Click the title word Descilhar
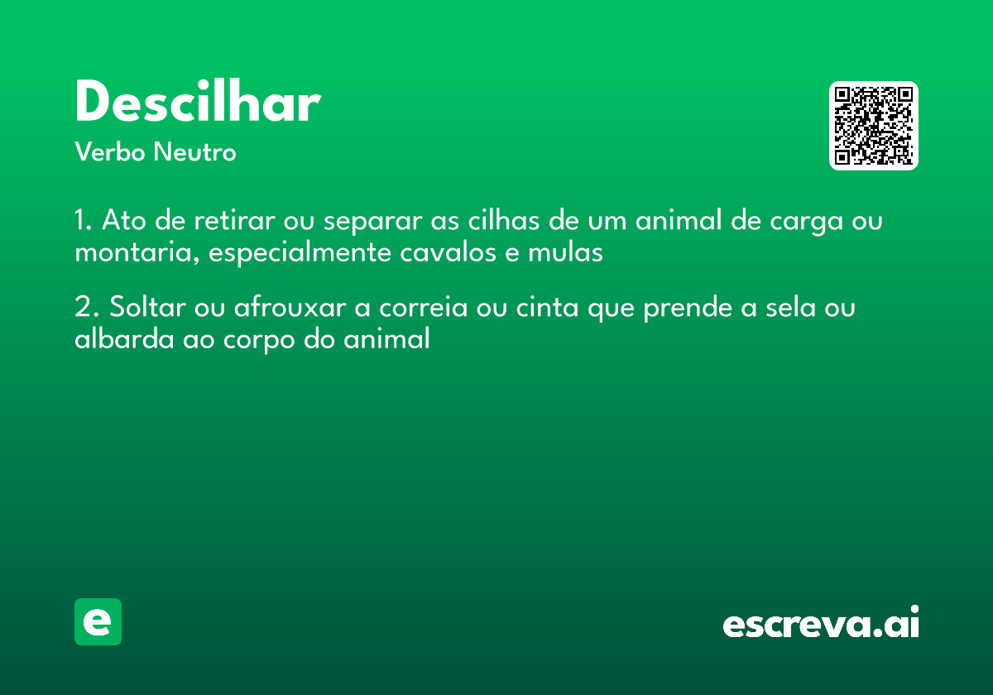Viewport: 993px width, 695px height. tap(197, 104)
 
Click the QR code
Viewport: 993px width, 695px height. tap(874, 126)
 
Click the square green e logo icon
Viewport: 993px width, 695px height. tap(98, 621)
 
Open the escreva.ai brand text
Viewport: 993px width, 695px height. tap(821, 624)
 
